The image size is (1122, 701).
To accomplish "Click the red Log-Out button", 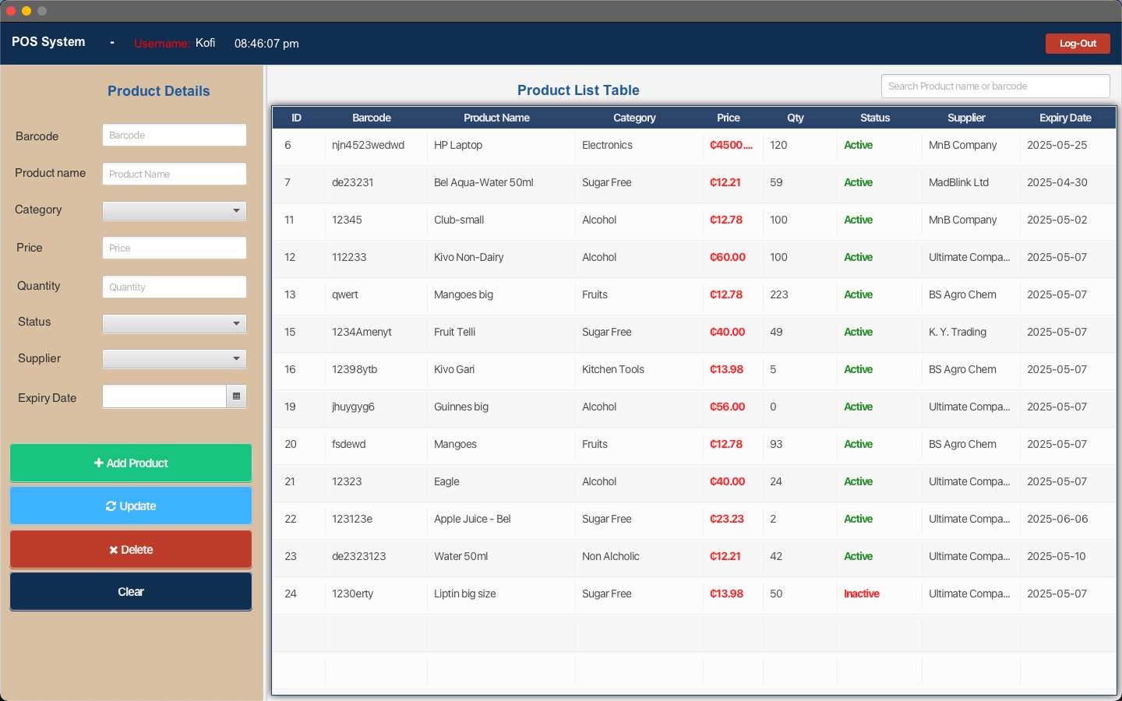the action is (x=1078, y=44).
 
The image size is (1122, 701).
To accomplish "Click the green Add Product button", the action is (x=131, y=463).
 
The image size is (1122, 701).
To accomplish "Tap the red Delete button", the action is (x=131, y=549).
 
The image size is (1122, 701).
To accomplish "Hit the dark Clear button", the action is (x=131, y=592).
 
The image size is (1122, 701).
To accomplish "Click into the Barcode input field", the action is (x=175, y=136).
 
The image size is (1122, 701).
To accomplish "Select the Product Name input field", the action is (x=175, y=174).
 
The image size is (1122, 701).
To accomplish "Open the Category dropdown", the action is (x=175, y=210).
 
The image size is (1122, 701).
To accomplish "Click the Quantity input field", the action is (x=175, y=287).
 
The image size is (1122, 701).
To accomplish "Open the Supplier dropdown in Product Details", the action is (x=175, y=358).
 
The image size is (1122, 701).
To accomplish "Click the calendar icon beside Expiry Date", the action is (x=236, y=396).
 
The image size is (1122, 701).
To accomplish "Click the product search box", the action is (x=995, y=86).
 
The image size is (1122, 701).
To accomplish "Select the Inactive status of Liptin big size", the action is (x=862, y=594).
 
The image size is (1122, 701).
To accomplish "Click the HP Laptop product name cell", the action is (x=458, y=145).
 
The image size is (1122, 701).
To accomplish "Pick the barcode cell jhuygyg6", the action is (x=353, y=407).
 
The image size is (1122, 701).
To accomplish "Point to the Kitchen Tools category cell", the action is (x=613, y=369).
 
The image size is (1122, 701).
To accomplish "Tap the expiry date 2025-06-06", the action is (x=1057, y=520).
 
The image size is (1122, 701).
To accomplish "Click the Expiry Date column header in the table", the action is (x=1065, y=118).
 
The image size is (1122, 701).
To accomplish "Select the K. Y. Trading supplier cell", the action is (x=957, y=332).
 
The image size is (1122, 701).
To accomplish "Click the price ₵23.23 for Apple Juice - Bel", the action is (x=727, y=520).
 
